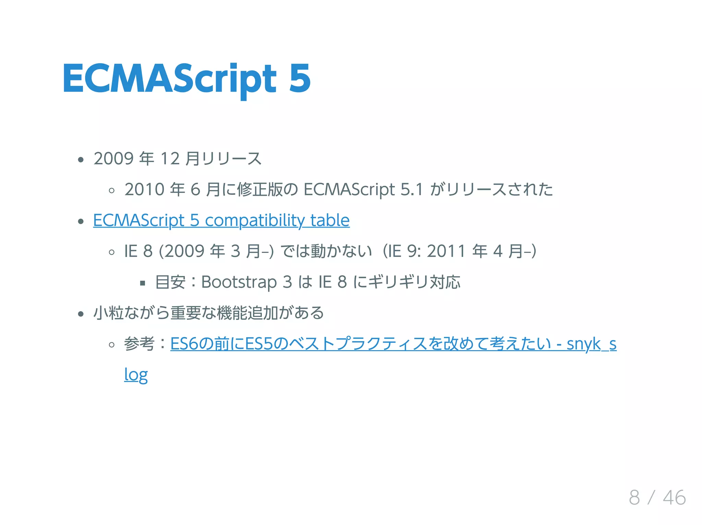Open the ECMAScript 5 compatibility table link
[221, 220]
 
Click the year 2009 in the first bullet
[113, 159]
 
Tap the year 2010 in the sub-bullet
[144, 190]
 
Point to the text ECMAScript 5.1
[363, 190]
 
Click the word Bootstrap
[239, 282]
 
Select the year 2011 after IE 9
[446, 251]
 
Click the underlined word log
[136, 375]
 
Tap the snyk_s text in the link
[591, 344]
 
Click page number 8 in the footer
[634, 497]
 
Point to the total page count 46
[674, 497]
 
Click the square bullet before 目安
[143, 283]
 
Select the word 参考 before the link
[139, 344]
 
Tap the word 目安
[170, 282]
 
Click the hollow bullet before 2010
[111, 191]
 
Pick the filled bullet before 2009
[81, 160]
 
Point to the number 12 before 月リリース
[170, 159]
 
